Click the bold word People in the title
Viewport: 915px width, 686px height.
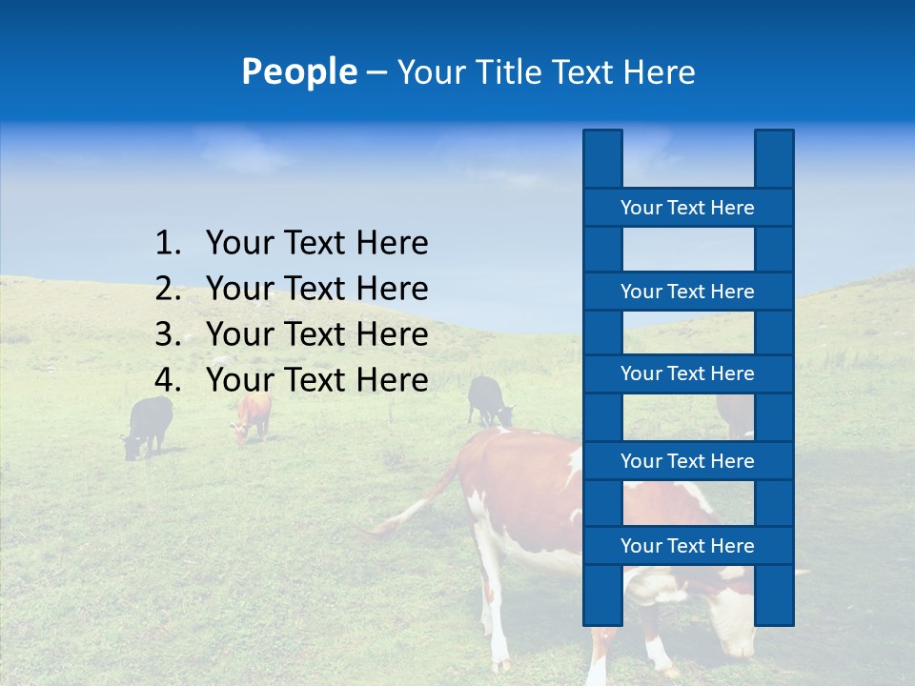298,71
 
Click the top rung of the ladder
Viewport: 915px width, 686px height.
687,208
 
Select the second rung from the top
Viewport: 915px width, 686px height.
687,292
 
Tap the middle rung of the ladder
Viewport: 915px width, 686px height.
687,373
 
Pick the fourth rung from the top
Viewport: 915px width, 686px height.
687,461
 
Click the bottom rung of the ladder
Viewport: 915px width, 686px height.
687,546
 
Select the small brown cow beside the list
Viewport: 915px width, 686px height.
253,417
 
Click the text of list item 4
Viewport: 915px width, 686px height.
316,380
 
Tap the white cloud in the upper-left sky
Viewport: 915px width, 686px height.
234,150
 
